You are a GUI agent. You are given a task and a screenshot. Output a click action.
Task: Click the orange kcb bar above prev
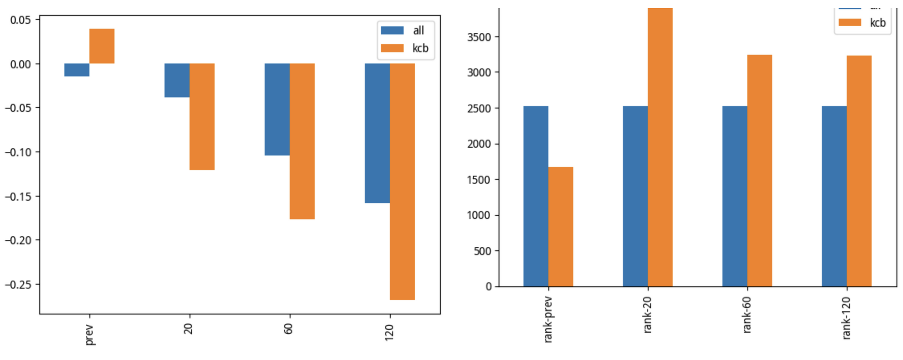coord(102,46)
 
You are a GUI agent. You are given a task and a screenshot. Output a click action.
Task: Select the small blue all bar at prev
coord(77,70)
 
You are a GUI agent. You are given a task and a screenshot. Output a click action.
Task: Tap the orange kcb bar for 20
coord(202,116)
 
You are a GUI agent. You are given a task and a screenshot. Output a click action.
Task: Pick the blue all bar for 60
coord(277,109)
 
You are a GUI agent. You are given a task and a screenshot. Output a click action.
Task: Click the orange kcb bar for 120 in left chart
coord(402,181)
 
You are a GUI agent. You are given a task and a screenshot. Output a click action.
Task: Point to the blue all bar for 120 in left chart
coord(377,133)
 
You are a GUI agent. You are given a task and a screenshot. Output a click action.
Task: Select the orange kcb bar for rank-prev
coord(560,227)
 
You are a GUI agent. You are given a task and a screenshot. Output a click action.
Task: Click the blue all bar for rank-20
coord(635,196)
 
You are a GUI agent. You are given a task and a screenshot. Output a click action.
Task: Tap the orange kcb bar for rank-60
coord(760,171)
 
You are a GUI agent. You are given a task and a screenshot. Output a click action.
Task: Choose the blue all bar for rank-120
coord(834,196)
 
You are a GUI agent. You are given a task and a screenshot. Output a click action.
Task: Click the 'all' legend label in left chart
coord(418,31)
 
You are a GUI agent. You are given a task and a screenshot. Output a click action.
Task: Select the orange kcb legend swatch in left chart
coord(392,48)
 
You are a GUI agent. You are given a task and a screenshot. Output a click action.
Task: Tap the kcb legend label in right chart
coord(878,23)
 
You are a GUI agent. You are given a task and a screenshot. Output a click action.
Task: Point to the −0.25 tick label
coord(18,285)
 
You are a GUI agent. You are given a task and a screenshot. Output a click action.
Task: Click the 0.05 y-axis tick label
coord(21,20)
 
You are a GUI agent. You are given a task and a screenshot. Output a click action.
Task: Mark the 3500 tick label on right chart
coord(479,37)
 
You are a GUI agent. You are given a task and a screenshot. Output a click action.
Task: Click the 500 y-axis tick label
coord(483,251)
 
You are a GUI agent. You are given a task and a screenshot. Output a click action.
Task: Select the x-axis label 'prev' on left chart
coord(89,335)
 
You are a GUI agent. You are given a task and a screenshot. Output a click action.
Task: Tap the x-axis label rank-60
coord(747,314)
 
